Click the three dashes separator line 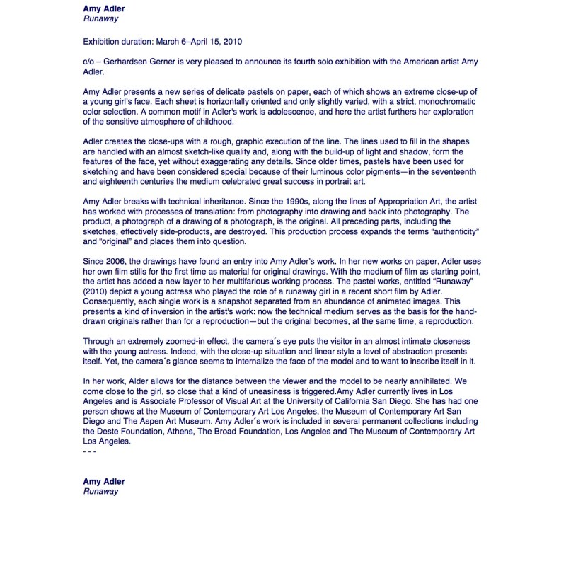coord(89,451)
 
